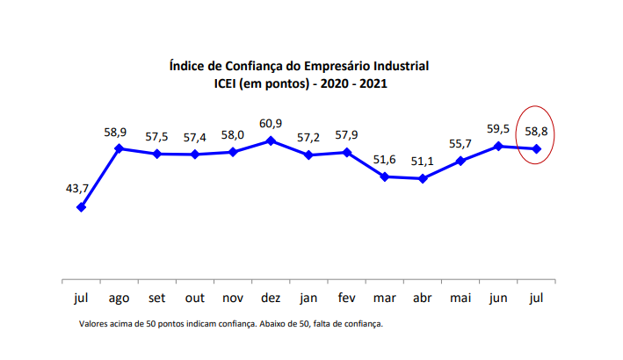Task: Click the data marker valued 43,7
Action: pos(81,207)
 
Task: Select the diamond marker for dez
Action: pos(271,140)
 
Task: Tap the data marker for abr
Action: pos(423,179)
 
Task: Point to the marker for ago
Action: pos(119,148)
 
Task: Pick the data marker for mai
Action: pos(460,162)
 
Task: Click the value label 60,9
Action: pos(271,121)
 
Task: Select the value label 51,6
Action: pos(385,158)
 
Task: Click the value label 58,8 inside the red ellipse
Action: pos(537,131)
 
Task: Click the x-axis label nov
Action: pos(233,298)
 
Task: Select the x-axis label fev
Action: pos(347,298)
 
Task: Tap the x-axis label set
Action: pos(156,298)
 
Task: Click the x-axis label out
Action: pos(194,298)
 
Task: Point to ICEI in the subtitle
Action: pos(228,84)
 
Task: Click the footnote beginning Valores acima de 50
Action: pos(231,324)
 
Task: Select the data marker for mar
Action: pos(385,176)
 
